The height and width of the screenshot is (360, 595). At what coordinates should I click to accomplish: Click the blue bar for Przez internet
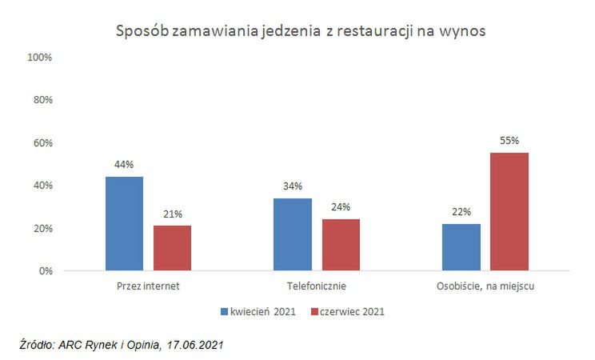pos(124,224)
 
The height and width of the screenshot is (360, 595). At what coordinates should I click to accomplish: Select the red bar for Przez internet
pos(172,248)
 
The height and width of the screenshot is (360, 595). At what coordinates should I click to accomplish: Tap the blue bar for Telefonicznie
pos(293,234)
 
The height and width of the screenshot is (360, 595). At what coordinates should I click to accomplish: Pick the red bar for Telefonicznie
pos(341,245)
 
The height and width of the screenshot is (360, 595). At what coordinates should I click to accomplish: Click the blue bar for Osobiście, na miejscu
pos(461,247)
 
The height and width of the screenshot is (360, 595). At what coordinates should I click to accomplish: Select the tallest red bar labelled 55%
pos(509,212)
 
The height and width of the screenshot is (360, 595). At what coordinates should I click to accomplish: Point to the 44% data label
pos(124,165)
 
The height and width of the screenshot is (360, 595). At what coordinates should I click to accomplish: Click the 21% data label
pos(172,214)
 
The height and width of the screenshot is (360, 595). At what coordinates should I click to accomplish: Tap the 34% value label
pos(293,186)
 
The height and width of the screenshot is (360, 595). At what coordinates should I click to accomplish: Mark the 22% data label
pos(461,212)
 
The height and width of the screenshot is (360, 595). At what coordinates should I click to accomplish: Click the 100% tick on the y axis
pos(39,58)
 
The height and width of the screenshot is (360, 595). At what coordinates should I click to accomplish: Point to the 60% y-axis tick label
pos(42,143)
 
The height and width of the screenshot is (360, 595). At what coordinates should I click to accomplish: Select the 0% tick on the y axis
pos(44,271)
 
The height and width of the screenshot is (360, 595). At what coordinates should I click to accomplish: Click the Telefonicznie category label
pos(317,285)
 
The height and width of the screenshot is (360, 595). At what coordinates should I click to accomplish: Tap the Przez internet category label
pos(148,285)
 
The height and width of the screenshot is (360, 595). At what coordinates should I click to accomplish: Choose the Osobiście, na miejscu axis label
pos(485,285)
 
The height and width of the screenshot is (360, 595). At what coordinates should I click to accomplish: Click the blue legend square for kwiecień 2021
pos(224,310)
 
